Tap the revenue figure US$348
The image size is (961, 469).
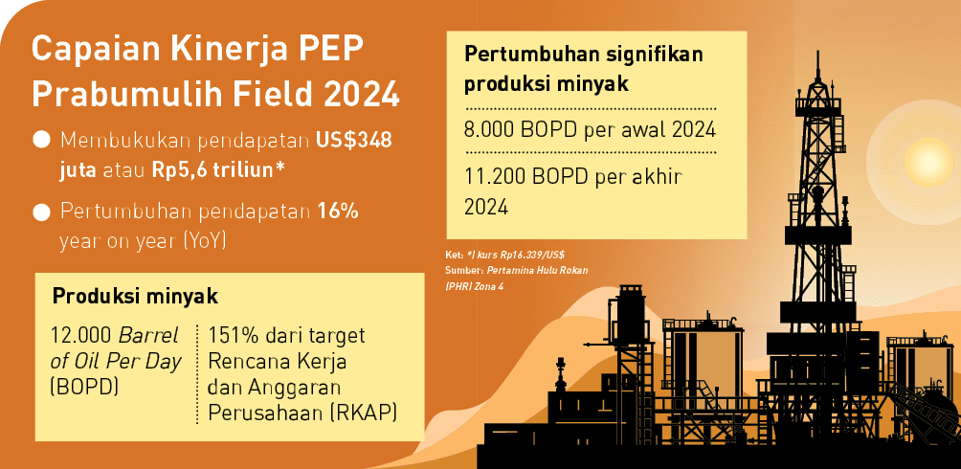point(353,141)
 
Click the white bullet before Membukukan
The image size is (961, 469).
point(41,141)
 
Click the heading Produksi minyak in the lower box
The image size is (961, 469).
point(134,296)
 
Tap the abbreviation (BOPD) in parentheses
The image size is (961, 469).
point(82,389)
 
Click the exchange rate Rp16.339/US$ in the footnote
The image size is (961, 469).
point(525,256)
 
